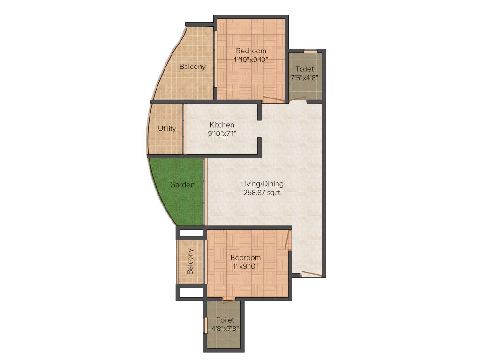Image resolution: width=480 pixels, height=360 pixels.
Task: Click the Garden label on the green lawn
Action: pos(182,185)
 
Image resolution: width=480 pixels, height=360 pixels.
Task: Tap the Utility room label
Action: pos(167,128)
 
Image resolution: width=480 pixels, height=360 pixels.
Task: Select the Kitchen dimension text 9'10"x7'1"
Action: pos(222,133)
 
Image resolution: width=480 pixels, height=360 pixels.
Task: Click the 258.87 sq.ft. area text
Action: pos(262,192)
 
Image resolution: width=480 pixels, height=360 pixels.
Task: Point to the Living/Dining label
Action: pos(262,184)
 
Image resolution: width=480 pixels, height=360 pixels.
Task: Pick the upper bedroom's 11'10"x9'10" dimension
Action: pos(251,60)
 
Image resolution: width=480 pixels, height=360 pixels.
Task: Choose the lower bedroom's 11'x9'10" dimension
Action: pos(245,266)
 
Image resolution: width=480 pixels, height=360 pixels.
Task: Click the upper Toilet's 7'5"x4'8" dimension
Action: pos(305,77)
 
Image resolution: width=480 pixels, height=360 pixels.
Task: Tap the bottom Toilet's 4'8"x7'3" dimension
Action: pos(225,328)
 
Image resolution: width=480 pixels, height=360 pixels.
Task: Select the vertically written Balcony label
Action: pos(190,262)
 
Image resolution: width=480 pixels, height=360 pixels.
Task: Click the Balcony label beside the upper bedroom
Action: pos(193,67)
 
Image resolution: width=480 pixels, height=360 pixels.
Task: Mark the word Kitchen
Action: pos(222,125)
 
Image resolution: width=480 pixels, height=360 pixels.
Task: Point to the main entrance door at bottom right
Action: pos(311,274)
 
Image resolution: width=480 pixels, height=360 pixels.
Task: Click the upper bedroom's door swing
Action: pos(273,99)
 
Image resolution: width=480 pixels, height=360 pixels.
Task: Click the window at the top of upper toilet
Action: pos(310,51)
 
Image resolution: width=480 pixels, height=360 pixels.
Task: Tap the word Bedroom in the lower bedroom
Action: pos(245,258)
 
